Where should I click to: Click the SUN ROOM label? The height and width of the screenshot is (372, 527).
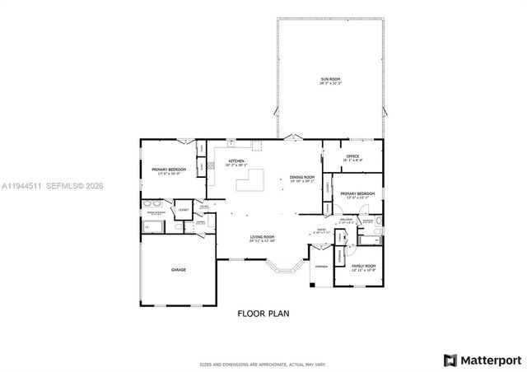point(329,81)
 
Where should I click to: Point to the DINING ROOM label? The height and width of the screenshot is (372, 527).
point(302,178)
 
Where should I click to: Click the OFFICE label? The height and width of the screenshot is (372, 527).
point(352,157)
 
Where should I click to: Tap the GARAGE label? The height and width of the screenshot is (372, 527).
point(178,270)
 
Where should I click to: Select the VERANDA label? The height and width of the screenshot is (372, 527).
point(320,267)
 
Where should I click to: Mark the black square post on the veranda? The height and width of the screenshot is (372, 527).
point(312,286)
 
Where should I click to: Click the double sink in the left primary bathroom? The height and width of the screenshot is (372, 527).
point(152,203)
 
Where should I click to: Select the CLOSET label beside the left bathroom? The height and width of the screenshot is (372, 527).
point(183,200)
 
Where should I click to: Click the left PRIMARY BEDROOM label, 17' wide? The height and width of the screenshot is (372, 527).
point(169,170)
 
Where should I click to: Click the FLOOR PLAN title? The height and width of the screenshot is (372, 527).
point(263,314)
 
